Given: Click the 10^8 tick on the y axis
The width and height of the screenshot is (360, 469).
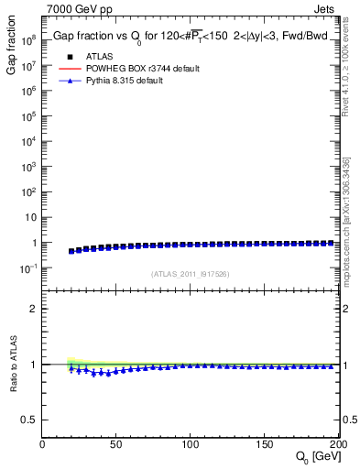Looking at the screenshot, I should coord(29,40).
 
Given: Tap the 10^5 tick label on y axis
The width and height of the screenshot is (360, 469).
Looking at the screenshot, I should coord(29,116).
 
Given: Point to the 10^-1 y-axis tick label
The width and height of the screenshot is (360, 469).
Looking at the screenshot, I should coord(29,268).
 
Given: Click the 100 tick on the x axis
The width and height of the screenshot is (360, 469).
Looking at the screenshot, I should coord(191,443).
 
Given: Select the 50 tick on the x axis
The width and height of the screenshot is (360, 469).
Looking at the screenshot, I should coord(116,443).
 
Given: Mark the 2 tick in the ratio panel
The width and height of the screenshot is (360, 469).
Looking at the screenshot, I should coord(33,309).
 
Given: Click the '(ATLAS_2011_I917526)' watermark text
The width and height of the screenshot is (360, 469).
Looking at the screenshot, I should coord(190,274).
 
